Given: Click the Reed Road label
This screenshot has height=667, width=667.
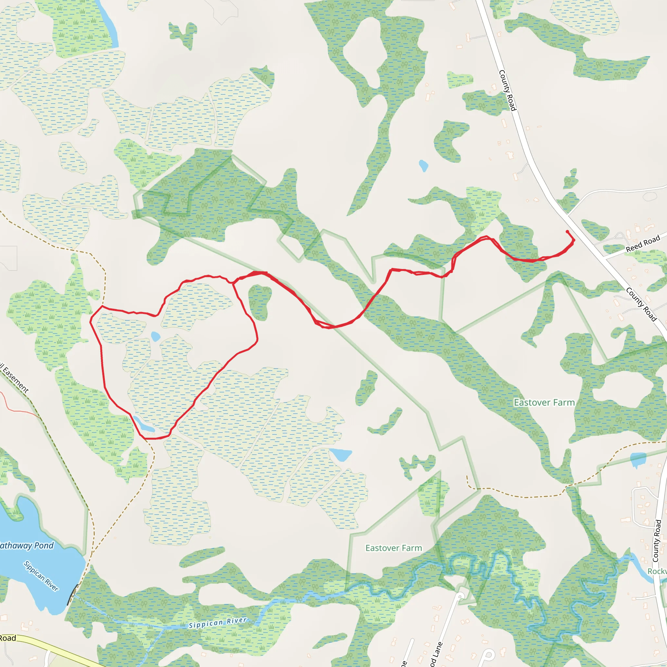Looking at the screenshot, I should pyautogui.click(x=643, y=244).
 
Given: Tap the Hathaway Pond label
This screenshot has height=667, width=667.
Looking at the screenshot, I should pyautogui.click(x=26, y=546).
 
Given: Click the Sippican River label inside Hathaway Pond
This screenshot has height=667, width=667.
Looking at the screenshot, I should pyautogui.click(x=41, y=576).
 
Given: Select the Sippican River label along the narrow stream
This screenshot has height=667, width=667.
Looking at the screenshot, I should pyautogui.click(x=218, y=622).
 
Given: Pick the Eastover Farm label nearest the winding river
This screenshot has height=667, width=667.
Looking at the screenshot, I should pyautogui.click(x=393, y=548).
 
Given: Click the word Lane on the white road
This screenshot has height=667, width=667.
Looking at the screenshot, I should pyautogui.click(x=437, y=654).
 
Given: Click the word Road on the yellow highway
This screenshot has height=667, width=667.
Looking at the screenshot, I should pyautogui.click(x=7, y=638).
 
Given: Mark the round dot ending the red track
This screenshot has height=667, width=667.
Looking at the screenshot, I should pyautogui.click(x=567, y=232).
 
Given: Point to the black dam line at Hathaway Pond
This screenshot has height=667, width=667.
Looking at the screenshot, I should pyautogui.click(x=71, y=598).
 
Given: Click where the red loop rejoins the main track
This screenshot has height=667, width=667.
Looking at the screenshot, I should pyautogui.click(x=234, y=283).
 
